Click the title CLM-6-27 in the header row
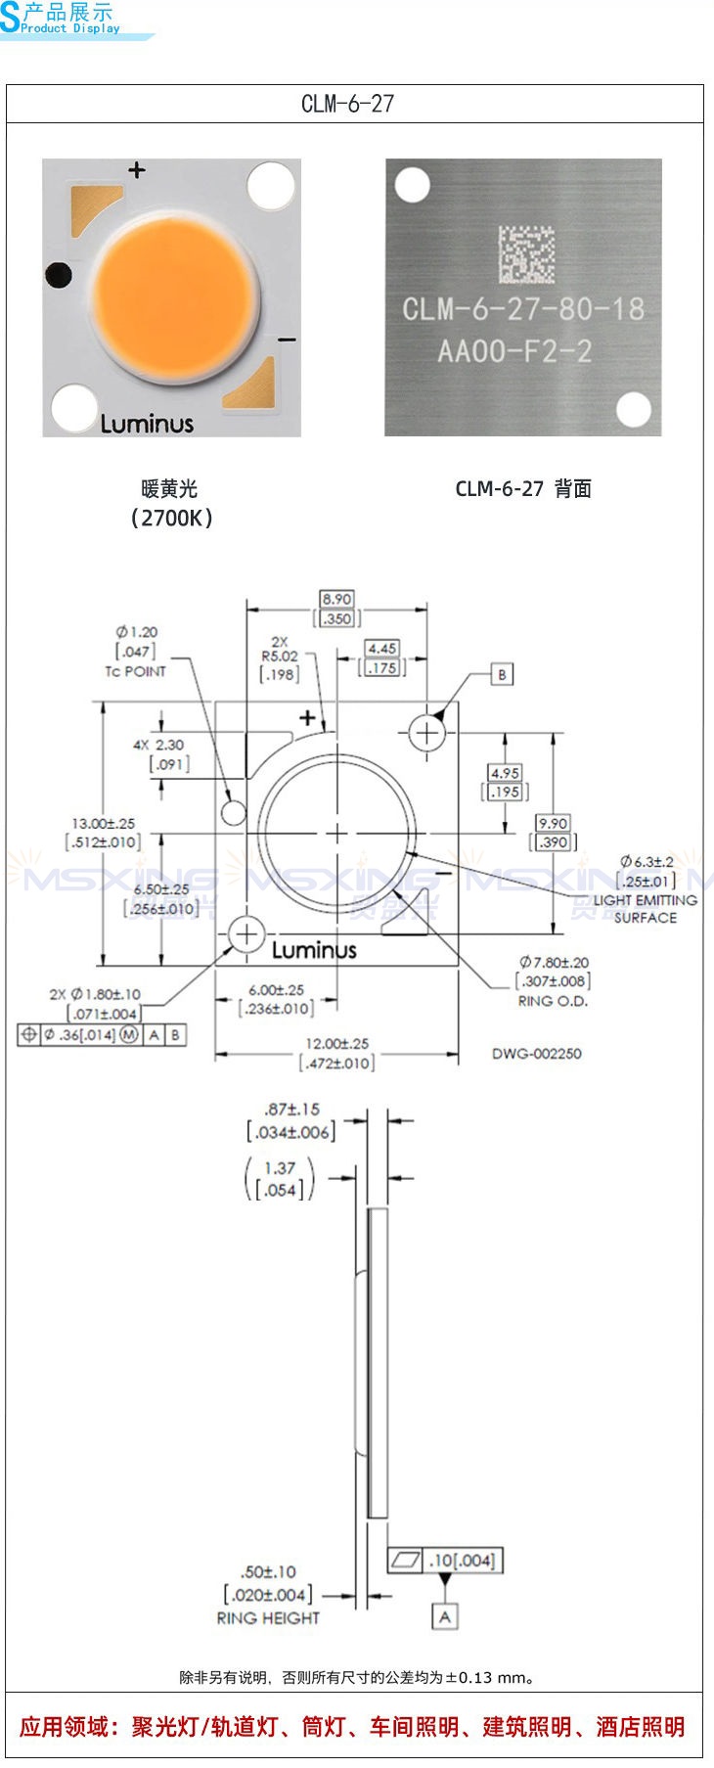point(347,104)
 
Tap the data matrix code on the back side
point(526,254)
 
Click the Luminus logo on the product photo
point(147,424)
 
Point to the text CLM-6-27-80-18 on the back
point(523,309)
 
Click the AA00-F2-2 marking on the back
point(514,350)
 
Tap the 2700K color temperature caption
point(171,518)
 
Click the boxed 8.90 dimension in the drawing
point(337,599)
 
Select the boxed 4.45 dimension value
point(381,649)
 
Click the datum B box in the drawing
point(502,674)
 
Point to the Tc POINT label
point(135,671)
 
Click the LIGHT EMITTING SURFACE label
point(646,909)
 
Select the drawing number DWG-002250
point(537,1054)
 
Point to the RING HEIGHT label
point(268,1618)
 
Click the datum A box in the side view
point(445,1616)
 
